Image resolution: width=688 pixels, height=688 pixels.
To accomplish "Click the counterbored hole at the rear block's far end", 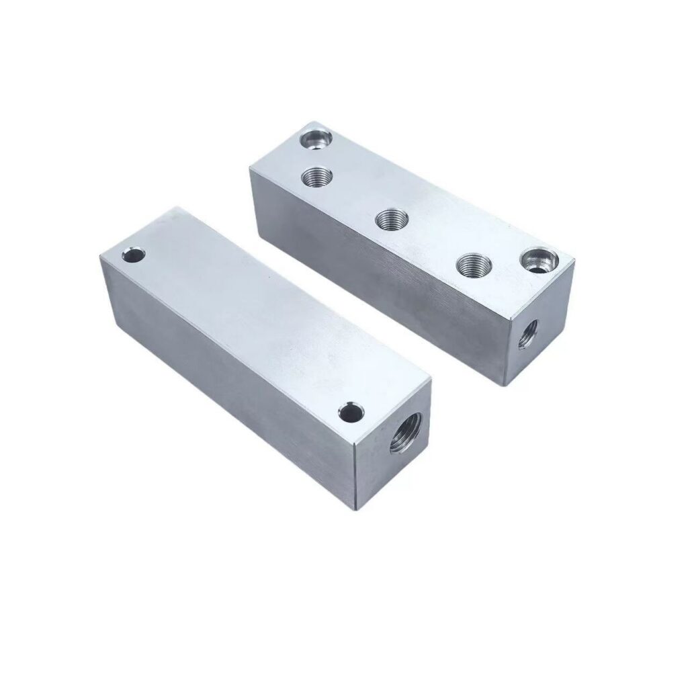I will [314, 140].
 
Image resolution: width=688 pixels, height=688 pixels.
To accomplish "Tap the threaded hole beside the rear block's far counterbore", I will [314, 177].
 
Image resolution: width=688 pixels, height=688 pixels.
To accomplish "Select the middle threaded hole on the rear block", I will [389, 219].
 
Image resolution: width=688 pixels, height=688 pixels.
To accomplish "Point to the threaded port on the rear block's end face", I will [530, 333].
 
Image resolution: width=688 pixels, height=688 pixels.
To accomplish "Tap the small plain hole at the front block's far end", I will [134, 255].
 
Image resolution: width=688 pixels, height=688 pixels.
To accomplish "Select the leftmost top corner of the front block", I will [99, 257].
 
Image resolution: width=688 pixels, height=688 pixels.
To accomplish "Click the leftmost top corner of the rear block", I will [250, 168].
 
